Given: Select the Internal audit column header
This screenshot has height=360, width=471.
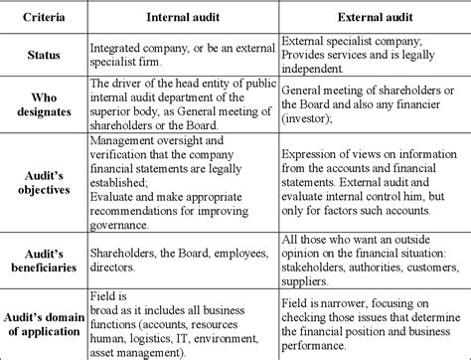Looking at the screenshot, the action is (x=182, y=17).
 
